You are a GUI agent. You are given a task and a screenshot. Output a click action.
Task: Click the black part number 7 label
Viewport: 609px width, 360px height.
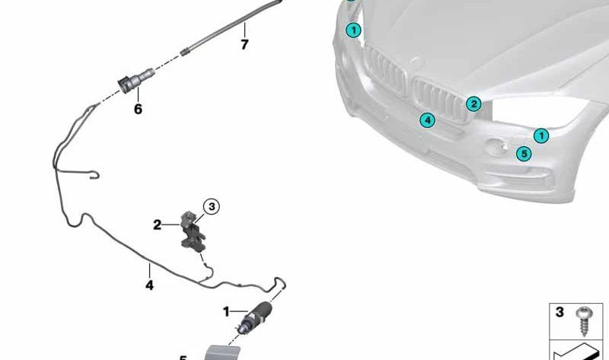coord(244,45)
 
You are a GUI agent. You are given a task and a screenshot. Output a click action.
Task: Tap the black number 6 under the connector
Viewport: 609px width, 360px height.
coord(138,110)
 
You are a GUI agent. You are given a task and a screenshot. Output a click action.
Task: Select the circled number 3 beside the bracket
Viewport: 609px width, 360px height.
coord(212,205)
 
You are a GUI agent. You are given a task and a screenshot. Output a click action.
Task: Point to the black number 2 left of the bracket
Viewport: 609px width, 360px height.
coord(157,225)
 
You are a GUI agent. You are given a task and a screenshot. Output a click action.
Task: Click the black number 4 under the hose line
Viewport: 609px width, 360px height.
coord(149,285)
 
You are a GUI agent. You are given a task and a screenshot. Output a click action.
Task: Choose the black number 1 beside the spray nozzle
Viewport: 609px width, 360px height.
coord(226,311)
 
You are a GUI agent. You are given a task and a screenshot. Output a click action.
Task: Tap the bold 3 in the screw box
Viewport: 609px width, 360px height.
coord(560,312)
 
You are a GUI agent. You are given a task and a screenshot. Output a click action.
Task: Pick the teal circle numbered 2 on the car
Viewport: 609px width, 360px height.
coord(473,104)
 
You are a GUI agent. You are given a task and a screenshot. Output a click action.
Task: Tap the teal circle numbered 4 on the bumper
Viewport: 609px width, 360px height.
coord(428,120)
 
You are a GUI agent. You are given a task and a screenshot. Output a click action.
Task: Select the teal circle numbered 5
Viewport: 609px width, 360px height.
coord(523,154)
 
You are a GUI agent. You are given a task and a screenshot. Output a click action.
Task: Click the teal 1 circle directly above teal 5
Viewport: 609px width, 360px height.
coord(540,136)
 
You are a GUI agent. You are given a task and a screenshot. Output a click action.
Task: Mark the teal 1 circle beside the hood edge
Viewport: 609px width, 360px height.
coord(352,30)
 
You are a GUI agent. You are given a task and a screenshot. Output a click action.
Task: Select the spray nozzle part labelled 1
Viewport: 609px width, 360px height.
coord(253,314)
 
